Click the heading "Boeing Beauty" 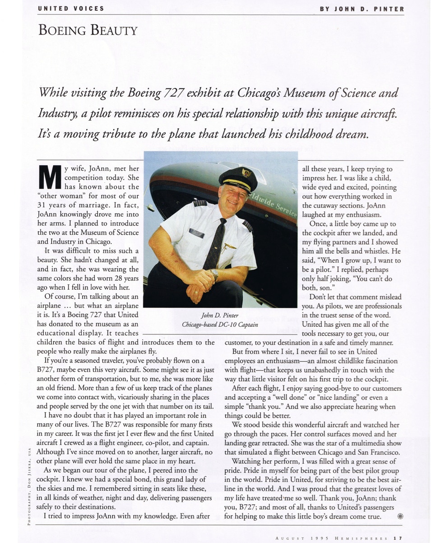point(88,31)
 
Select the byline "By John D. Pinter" point(362,9)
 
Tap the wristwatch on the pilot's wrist point(215,274)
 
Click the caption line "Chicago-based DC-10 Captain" point(220,325)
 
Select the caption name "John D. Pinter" point(220,315)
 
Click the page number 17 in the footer point(397,538)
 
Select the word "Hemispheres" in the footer point(361,538)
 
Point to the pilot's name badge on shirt point(196,233)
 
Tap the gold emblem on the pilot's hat point(246,172)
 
